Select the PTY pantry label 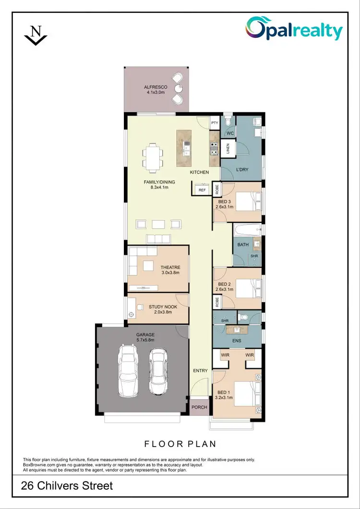pos(215,123)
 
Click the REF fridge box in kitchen pos(202,190)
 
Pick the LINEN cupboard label pos(228,148)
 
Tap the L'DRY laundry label pos(242,170)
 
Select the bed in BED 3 pos(248,201)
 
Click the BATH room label pos(243,245)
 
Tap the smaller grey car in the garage pos(157,369)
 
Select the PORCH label pos(199,407)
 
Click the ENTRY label pos(200,371)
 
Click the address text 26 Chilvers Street pos(67,486)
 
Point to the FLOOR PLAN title pos(180,444)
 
